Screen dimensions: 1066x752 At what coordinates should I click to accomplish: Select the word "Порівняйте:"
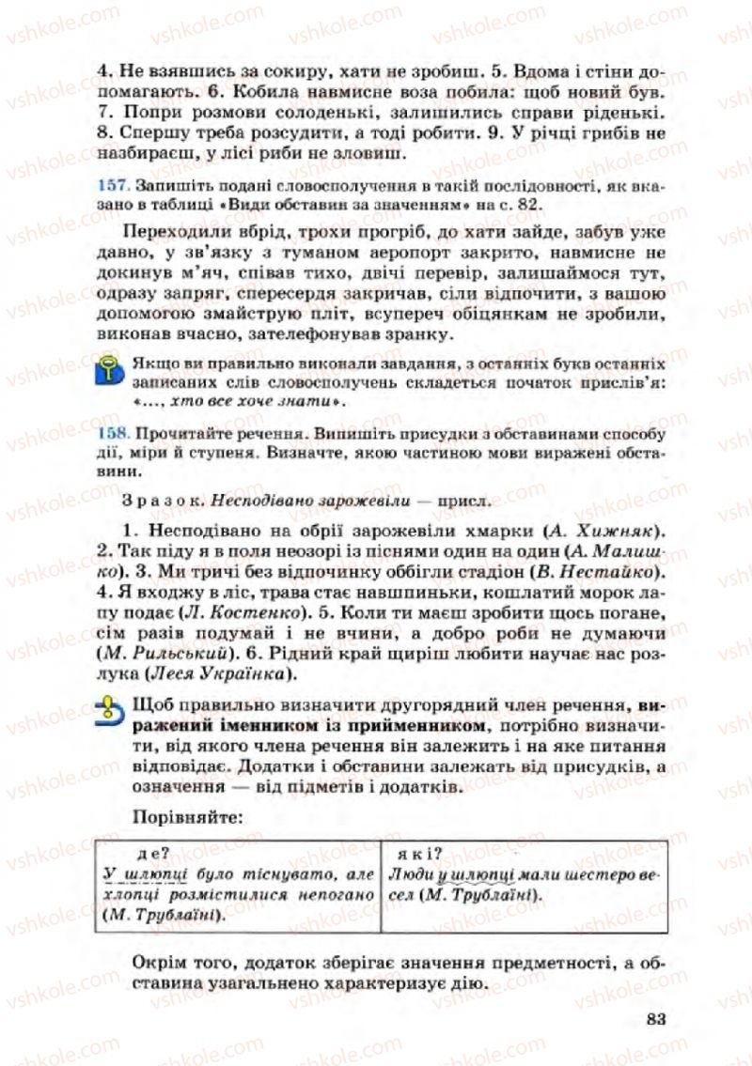point(188,817)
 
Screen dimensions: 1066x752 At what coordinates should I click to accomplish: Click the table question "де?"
point(151,854)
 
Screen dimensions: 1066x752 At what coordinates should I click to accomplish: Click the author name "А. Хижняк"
point(611,528)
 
